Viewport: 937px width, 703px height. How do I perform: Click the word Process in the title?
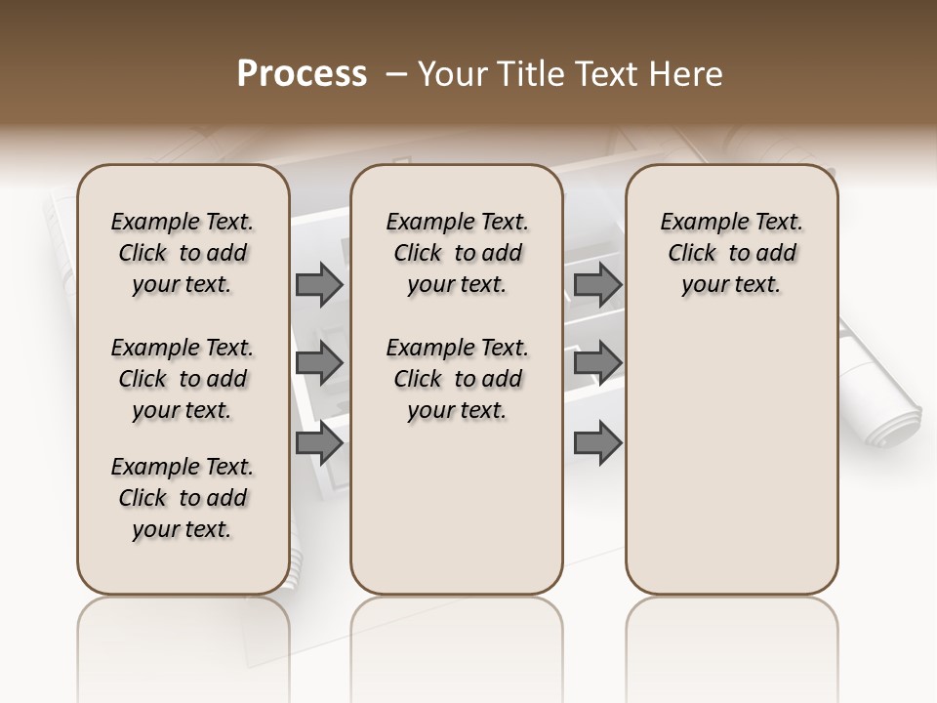(302, 74)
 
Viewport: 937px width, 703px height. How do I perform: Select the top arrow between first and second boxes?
(319, 285)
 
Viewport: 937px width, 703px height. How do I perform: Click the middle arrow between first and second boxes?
(319, 363)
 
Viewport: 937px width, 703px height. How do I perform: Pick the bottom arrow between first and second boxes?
(319, 443)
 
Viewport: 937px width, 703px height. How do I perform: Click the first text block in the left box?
(183, 253)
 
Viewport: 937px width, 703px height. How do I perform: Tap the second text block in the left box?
(183, 379)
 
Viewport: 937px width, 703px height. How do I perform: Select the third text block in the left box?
(183, 498)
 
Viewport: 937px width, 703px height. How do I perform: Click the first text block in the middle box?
(457, 253)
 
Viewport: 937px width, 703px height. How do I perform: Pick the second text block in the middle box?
(457, 379)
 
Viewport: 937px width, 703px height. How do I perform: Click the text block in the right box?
(731, 253)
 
